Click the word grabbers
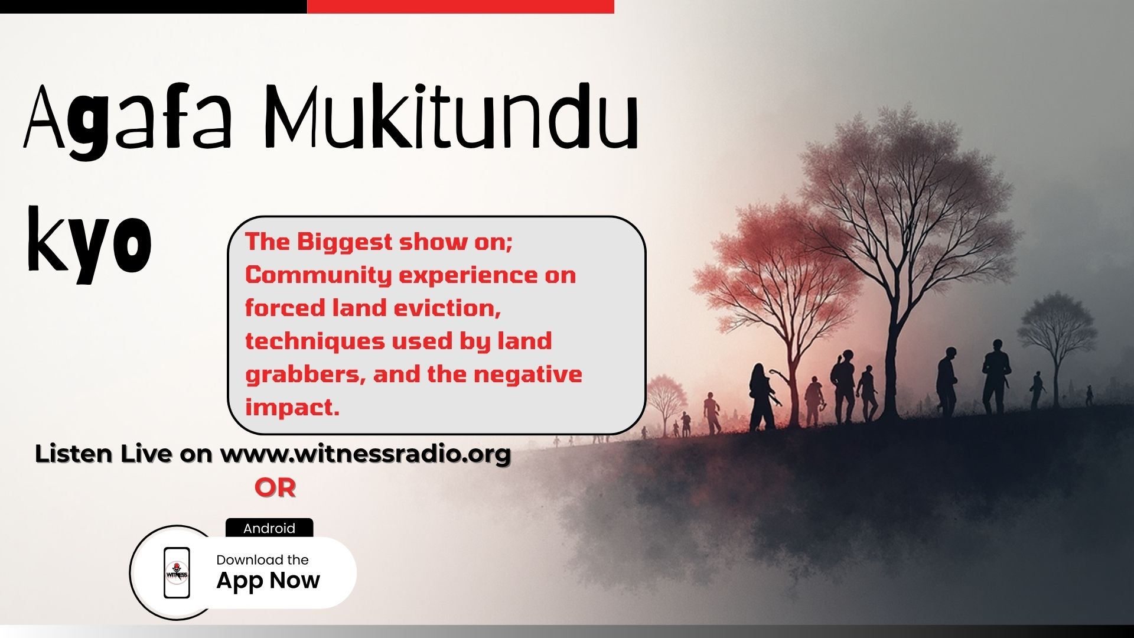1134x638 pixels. [305, 375]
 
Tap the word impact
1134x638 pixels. [292, 408]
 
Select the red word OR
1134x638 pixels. [275, 488]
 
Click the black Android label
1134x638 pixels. [269, 528]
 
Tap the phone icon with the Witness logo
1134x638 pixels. [177, 572]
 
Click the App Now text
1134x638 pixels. [268, 581]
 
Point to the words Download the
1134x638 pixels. [262, 559]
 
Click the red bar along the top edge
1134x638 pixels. [461, 6]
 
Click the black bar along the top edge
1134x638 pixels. [154, 6]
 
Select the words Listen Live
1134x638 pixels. [103, 454]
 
